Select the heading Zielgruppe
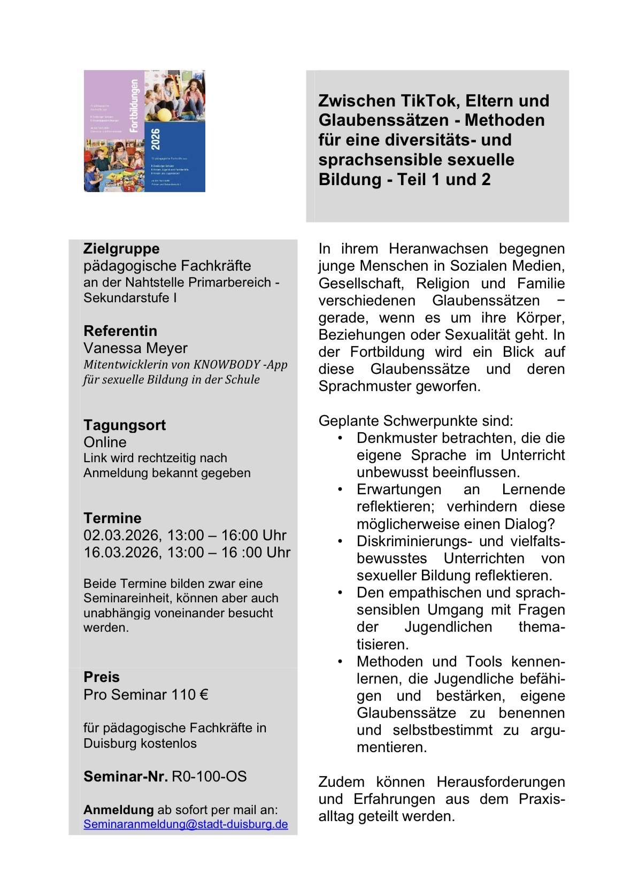[x=121, y=249]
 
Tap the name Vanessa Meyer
[x=135, y=348]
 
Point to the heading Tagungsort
[x=125, y=425]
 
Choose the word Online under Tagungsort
[x=105, y=442]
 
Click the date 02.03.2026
[x=121, y=535]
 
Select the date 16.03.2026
[x=121, y=553]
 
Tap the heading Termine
[x=112, y=518]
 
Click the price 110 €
[x=189, y=695]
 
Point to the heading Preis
[x=102, y=677]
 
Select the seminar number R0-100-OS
[x=209, y=777]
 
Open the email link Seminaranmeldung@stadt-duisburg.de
[x=186, y=824]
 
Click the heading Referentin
[x=120, y=331]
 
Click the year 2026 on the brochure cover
[x=155, y=140]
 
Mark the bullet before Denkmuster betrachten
[x=340, y=438]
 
